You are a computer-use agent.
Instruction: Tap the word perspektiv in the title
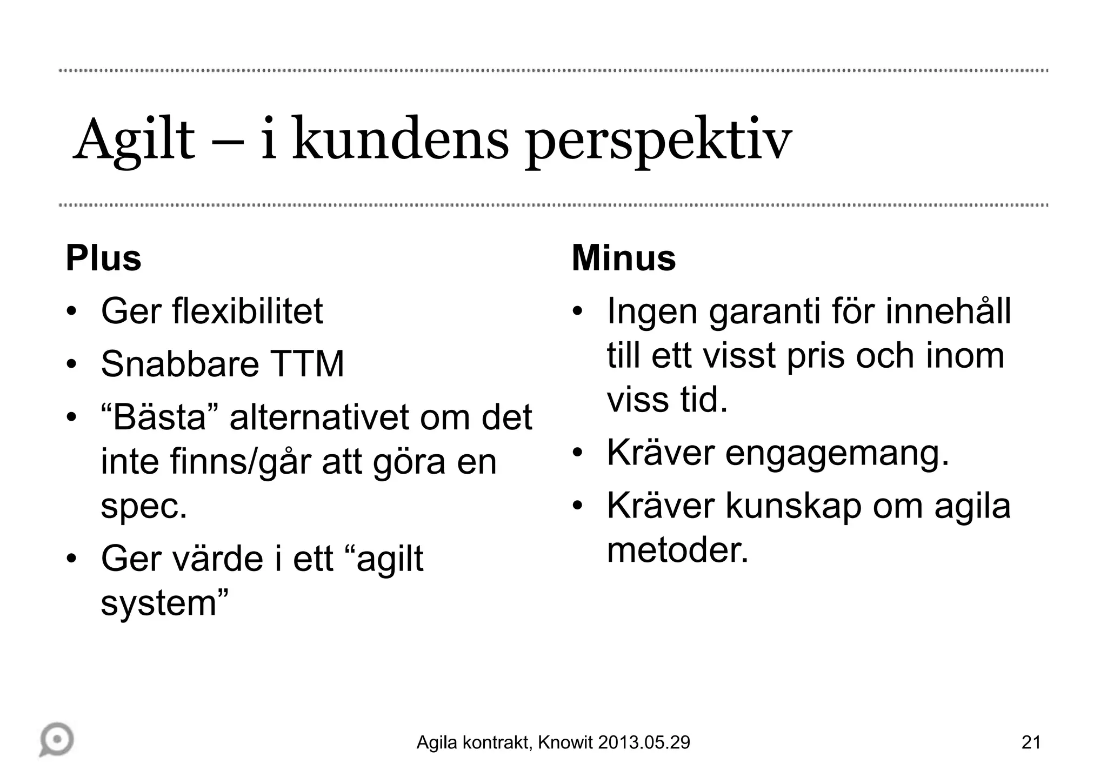[658, 142]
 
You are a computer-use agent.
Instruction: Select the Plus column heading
[103, 258]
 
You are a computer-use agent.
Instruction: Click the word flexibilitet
[247, 311]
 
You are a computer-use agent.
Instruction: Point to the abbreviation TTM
[307, 364]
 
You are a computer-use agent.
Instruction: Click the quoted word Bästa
[160, 417]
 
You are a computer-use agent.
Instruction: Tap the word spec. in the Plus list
[144, 507]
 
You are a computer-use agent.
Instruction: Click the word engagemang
[837, 453]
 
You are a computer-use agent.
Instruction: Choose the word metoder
[677, 550]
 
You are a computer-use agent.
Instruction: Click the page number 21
[1031, 742]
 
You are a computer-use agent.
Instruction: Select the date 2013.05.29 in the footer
[644, 742]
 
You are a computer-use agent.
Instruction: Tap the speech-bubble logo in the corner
[57, 739]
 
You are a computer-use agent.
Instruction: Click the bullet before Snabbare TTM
[71, 364]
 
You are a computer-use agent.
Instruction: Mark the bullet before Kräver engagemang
[577, 453]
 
